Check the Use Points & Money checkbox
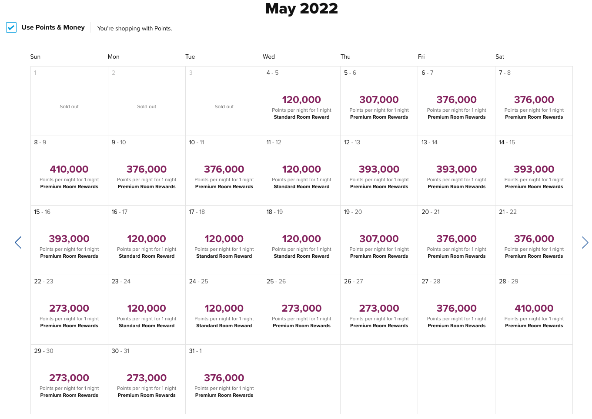pos(11,28)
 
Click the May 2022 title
pos(301,9)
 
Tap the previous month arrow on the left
pos(18,243)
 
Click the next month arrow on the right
pos(585,243)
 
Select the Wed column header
pos(269,57)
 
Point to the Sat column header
pos(500,57)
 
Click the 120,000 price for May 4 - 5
pos(301,100)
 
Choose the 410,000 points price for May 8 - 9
pos(69,169)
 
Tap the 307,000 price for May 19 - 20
pos(379,239)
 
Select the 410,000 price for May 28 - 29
pos(534,308)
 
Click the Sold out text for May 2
pos(147,106)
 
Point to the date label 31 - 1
pos(195,351)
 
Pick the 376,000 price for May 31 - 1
pos(224,378)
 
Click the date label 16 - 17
pos(119,212)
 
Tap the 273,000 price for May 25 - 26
pos(301,308)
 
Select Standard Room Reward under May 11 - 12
pos(301,186)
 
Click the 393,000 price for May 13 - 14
pos(456,169)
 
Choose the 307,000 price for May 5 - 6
pos(379,100)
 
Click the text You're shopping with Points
pos(134,29)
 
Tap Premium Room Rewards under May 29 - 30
pos(69,395)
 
